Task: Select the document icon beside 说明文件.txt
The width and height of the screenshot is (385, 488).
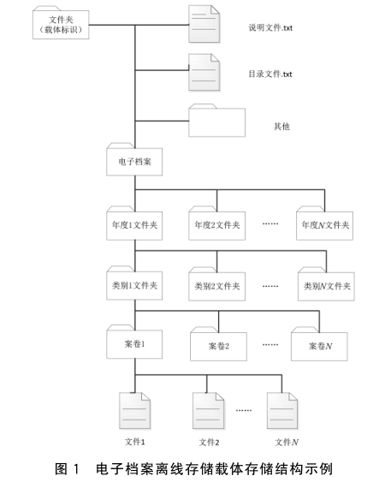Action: click(x=204, y=24)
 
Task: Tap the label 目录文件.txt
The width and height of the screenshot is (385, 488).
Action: click(x=270, y=74)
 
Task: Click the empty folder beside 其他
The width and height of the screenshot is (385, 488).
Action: click(x=216, y=121)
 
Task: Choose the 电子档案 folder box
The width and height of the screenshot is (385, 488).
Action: click(x=134, y=159)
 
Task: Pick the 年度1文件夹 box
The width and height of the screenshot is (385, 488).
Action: click(x=134, y=223)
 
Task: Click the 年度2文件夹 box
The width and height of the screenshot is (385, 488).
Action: click(x=216, y=223)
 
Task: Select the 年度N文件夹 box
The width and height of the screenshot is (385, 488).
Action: click(x=324, y=223)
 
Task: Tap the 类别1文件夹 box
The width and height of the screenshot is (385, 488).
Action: click(x=134, y=283)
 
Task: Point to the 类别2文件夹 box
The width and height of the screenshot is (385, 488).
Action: click(x=216, y=284)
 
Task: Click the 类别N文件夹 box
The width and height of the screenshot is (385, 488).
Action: click(x=326, y=284)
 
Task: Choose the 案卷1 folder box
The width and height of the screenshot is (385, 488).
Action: click(x=134, y=342)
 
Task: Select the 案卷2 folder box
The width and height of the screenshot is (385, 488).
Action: click(x=219, y=344)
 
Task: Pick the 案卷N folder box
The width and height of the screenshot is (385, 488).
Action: click(x=319, y=344)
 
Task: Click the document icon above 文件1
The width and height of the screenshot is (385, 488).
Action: click(x=135, y=411)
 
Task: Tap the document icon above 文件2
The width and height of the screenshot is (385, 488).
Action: click(x=209, y=411)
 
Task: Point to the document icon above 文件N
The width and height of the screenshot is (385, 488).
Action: click(x=282, y=411)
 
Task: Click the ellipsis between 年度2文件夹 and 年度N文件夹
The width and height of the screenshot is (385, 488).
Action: click(x=270, y=223)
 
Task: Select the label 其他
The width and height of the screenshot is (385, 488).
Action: click(x=281, y=127)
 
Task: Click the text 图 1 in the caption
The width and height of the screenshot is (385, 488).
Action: click(x=68, y=469)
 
